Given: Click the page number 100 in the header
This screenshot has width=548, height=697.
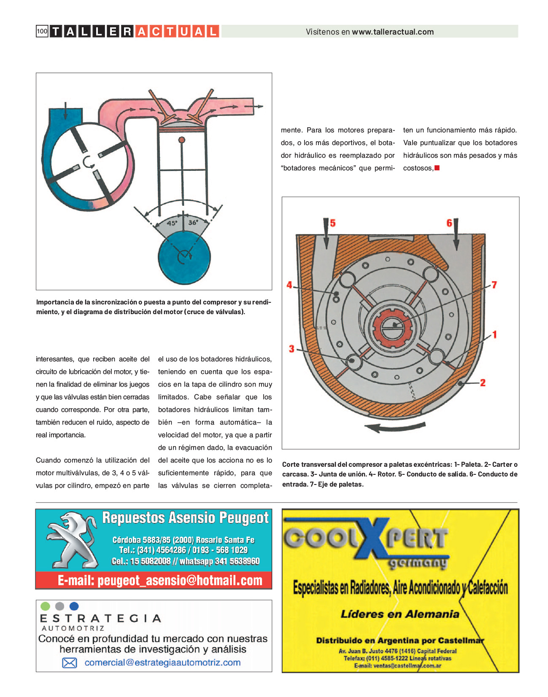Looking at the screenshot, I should pyautogui.click(x=42, y=31).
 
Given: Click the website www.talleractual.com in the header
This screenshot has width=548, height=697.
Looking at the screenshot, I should pyautogui.click(x=393, y=32).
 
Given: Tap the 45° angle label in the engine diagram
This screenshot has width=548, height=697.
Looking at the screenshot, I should pyautogui.click(x=172, y=223).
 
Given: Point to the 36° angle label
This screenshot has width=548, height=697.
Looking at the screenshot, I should pyautogui.click(x=193, y=222).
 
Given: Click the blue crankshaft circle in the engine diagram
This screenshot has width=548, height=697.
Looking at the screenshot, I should pyautogui.click(x=184, y=257).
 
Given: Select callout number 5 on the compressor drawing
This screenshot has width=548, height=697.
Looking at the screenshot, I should pyautogui.click(x=333, y=223).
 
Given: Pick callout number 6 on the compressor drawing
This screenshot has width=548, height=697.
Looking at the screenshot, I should pyautogui.click(x=449, y=223).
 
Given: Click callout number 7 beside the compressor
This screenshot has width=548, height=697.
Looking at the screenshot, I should pyautogui.click(x=494, y=285).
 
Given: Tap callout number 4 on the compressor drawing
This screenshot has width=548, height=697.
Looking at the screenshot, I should pyautogui.click(x=289, y=285).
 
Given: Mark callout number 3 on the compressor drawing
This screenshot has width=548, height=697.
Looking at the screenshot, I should pyautogui.click(x=292, y=349).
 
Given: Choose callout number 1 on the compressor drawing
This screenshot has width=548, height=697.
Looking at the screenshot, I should pyautogui.click(x=495, y=335).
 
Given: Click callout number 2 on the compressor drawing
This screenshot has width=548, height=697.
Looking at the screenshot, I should pyautogui.click(x=483, y=383).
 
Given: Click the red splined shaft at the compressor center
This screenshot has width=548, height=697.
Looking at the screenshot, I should pyautogui.click(x=391, y=326).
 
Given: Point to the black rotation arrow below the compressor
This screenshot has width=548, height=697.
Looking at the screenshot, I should pyautogui.click(x=394, y=427).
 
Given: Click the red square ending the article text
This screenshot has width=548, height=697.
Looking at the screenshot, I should pyautogui.click(x=437, y=168).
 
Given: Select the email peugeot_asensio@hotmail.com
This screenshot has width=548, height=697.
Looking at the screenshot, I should pyautogui.click(x=160, y=581).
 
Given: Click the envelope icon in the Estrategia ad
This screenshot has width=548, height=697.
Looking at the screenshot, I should pyautogui.click(x=70, y=663).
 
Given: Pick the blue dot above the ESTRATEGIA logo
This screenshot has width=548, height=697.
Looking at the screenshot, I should pyautogui.click(x=74, y=606).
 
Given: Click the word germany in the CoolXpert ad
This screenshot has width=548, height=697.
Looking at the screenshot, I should pyautogui.click(x=417, y=563).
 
